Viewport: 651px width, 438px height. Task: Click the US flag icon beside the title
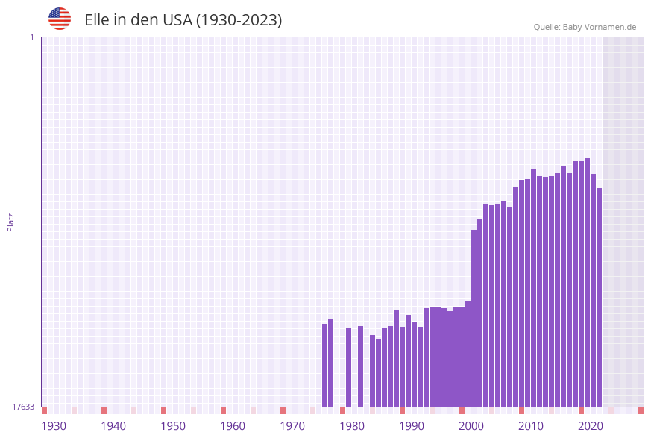(x=60, y=19)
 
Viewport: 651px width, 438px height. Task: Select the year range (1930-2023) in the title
(x=239, y=20)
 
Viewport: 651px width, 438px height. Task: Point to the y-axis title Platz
(x=11, y=222)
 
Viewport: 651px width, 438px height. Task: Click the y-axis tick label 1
(x=32, y=37)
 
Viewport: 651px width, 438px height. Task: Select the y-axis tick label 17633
(x=23, y=407)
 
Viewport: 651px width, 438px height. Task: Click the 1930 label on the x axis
(x=54, y=426)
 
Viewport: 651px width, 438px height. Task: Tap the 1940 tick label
(x=113, y=426)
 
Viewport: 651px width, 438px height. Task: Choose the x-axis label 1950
(x=173, y=426)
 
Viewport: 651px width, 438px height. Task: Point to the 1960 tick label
(x=233, y=426)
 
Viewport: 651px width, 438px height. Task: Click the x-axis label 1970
(x=292, y=426)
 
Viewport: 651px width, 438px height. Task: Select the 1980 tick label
(x=352, y=426)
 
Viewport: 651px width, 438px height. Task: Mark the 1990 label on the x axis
(x=412, y=426)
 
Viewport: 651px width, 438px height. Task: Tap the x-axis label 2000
(x=471, y=426)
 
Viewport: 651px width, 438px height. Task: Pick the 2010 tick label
(x=531, y=426)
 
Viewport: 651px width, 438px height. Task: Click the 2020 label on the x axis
(x=591, y=426)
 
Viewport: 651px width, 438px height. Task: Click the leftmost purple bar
(x=325, y=365)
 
